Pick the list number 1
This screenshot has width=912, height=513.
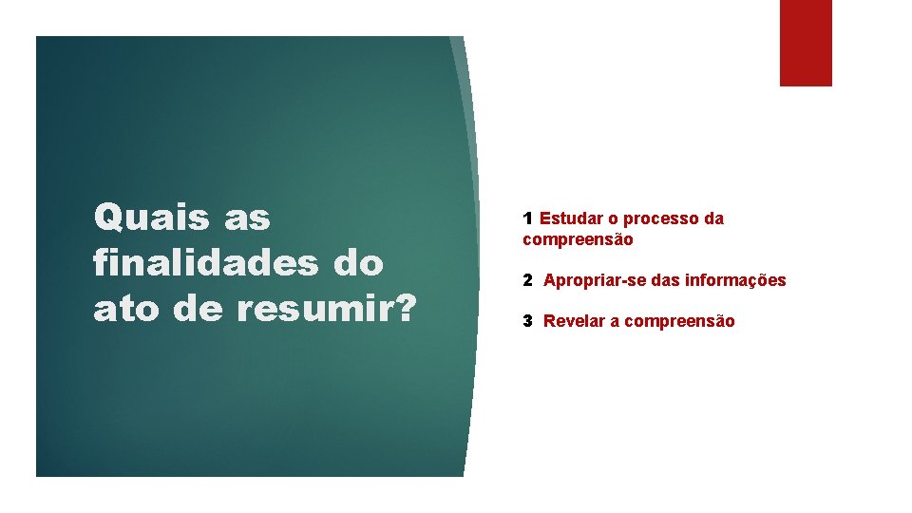pyautogui.click(x=527, y=218)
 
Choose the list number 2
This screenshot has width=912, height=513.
pyautogui.click(x=527, y=280)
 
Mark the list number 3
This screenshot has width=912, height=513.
pyautogui.click(x=527, y=321)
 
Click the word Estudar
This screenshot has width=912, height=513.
pyautogui.click(x=569, y=218)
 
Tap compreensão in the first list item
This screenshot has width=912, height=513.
pyautogui.click(x=578, y=240)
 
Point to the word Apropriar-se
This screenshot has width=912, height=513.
pyautogui.click(x=595, y=281)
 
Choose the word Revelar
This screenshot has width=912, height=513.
pyautogui.click(x=574, y=321)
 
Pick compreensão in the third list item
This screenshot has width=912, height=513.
pyautogui.click(x=678, y=321)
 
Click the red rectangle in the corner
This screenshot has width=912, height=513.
pyautogui.click(x=806, y=43)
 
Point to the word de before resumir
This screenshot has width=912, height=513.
pyautogui.click(x=197, y=310)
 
